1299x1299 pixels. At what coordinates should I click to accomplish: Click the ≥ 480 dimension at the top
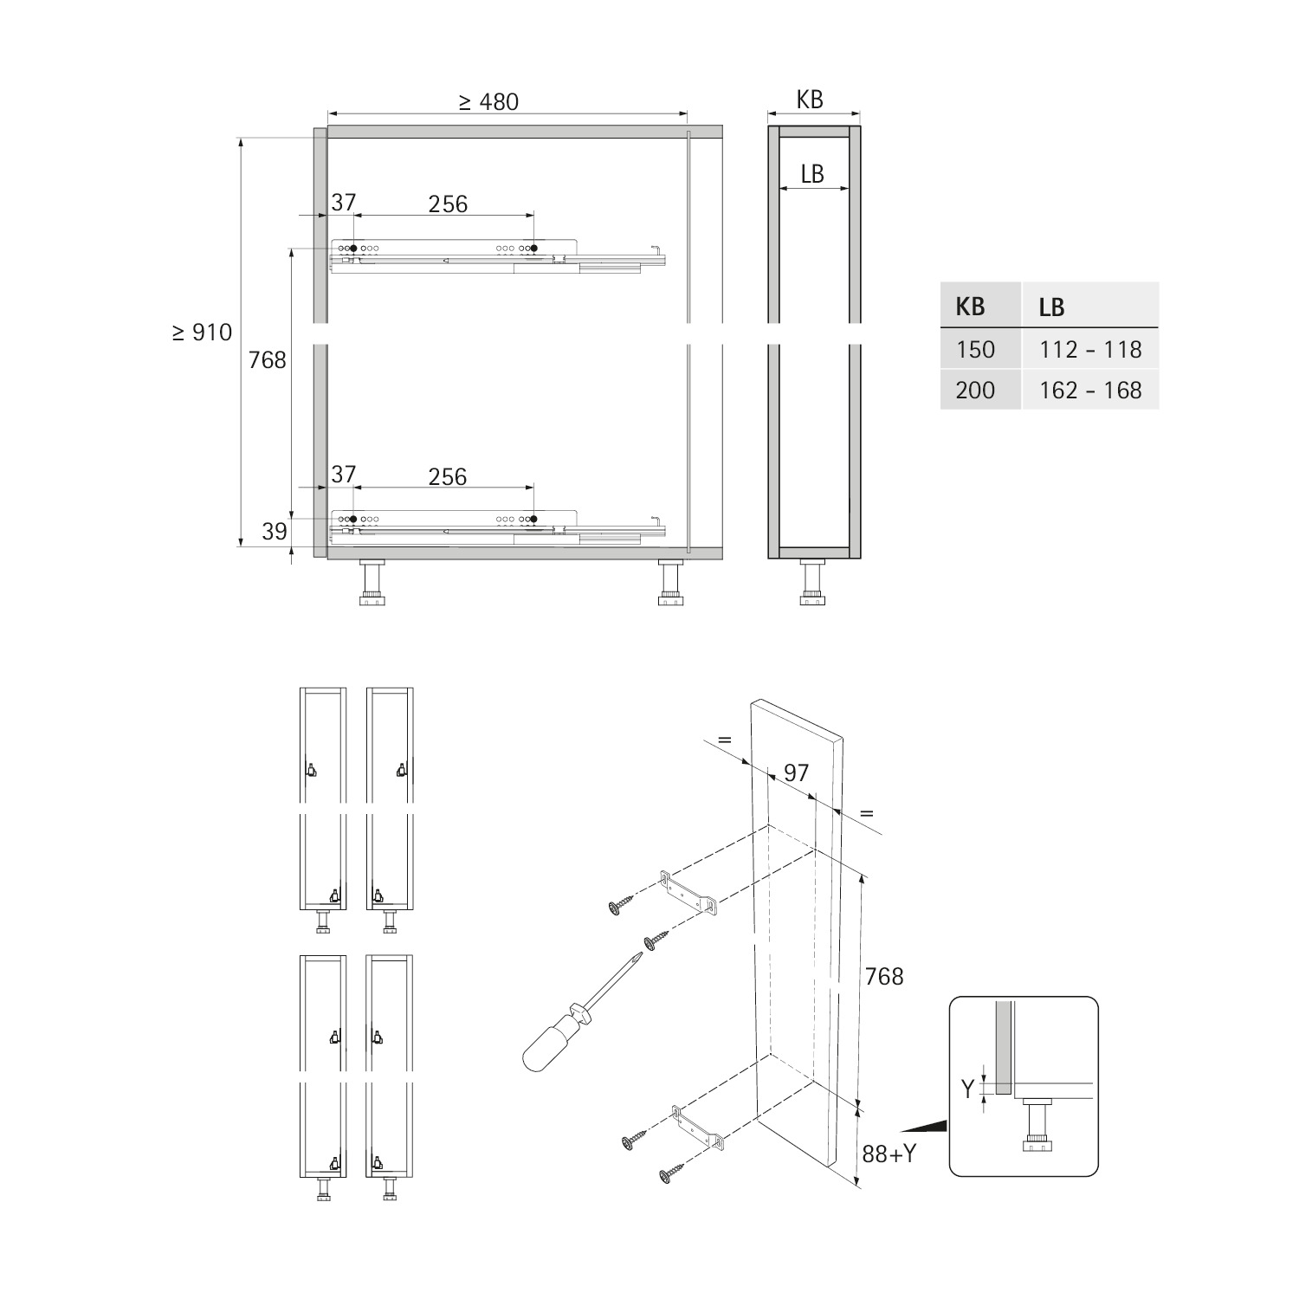[x=488, y=101]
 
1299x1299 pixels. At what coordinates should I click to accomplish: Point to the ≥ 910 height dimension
[x=202, y=333]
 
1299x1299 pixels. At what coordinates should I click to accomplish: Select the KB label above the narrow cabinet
[x=810, y=100]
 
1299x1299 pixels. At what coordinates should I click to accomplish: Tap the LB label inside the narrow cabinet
[x=812, y=174]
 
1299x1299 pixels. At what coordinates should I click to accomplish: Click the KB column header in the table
[x=970, y=307]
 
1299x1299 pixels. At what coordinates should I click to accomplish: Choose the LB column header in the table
[x=1051, y=307]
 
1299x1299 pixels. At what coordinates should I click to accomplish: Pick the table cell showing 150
[x=975, y=349]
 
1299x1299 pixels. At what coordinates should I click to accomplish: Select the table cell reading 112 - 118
[x=1090, y=349]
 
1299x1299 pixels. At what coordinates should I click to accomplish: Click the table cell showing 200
[x=975, y=390]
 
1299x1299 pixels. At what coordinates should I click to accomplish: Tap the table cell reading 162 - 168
[x=1090, y=390]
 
